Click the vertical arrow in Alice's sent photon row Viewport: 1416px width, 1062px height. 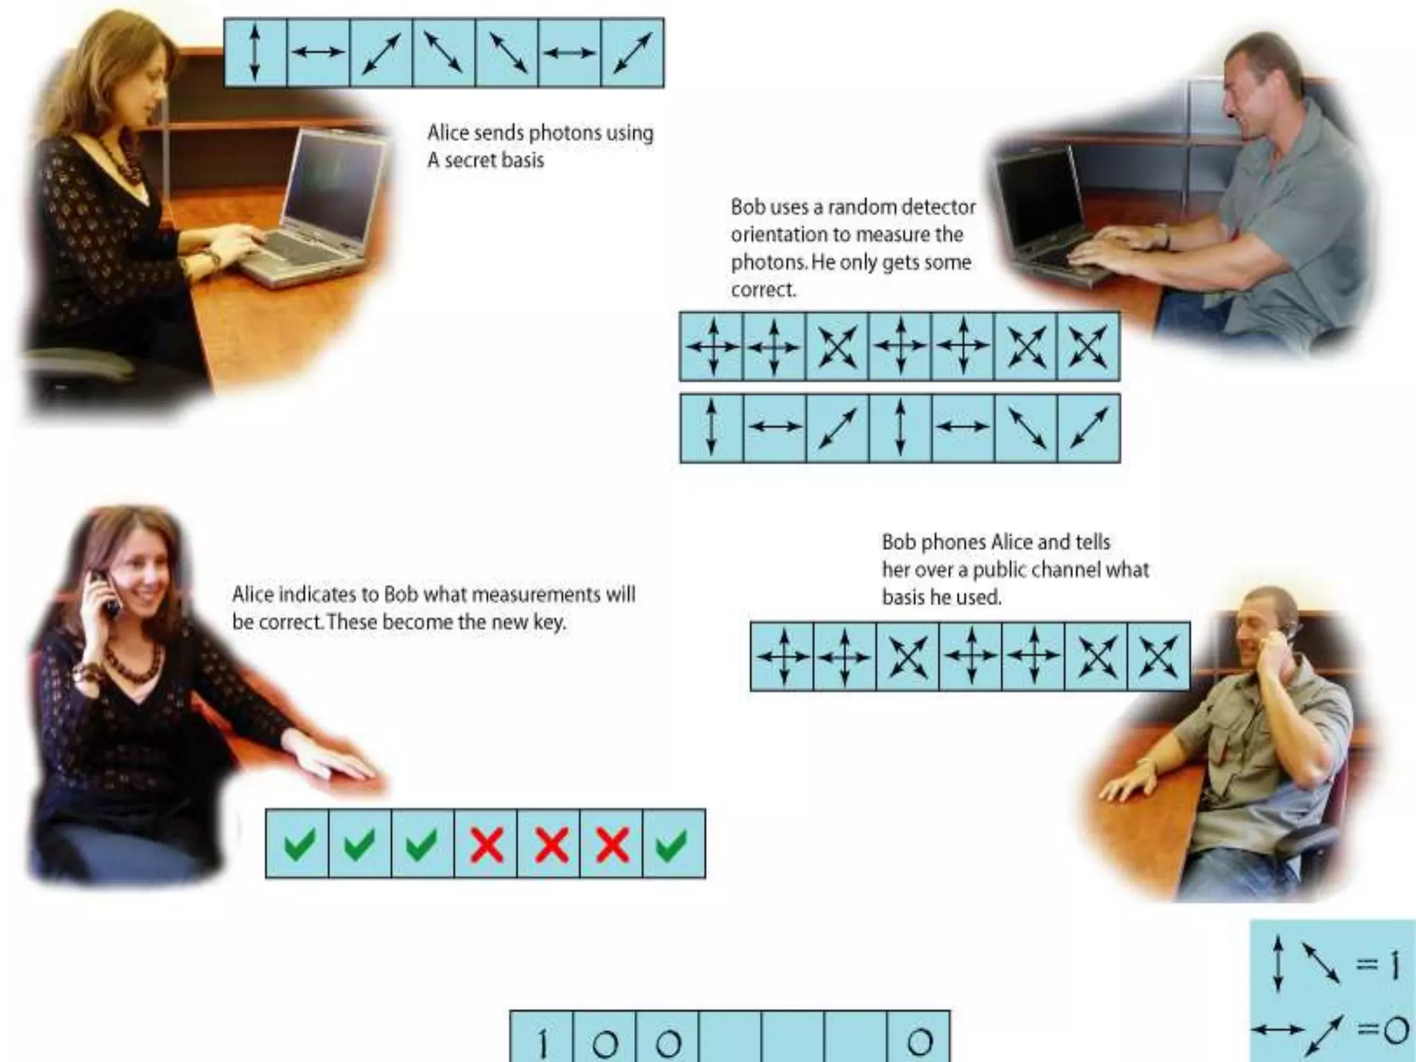254,53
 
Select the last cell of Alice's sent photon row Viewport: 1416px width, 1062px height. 633,53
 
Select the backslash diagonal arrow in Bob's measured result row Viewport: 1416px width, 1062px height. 1026,429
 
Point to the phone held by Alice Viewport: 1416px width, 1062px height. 107,591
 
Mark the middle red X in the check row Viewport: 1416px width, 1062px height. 550,844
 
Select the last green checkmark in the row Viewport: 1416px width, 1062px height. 671,844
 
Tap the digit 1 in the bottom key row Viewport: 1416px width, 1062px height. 543,1043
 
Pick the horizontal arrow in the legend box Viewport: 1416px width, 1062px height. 1277,1030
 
